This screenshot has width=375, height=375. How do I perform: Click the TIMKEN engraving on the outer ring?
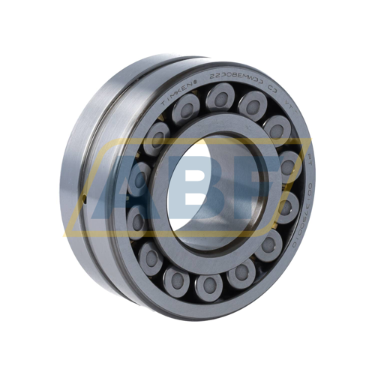tap(174, 84)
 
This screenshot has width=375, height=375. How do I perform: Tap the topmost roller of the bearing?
tap(220, 96)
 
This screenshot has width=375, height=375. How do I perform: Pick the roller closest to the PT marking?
tap(289, 165)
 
